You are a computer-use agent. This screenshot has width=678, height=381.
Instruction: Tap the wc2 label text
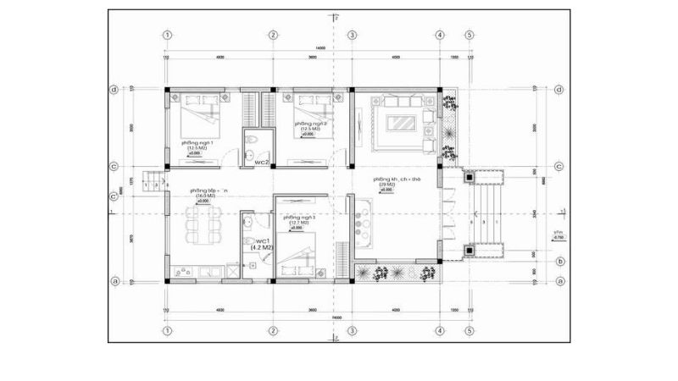(262, 162)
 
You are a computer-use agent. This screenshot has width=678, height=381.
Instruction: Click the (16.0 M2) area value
(203, 196)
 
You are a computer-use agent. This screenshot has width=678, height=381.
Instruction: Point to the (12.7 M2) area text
(301, 224)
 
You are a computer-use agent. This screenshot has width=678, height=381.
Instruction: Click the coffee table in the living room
(401, 123)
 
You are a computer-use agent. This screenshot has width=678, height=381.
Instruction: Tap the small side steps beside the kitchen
(153, 180)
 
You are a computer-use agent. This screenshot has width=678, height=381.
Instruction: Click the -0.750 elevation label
(559, 239)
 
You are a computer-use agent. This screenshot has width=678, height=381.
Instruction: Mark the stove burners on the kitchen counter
(363, 221)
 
